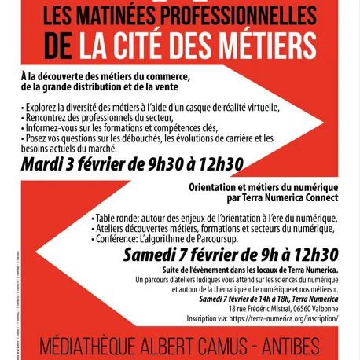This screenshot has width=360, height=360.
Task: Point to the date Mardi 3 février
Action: (77, 164)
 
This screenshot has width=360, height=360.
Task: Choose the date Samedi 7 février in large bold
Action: (183, 254)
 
